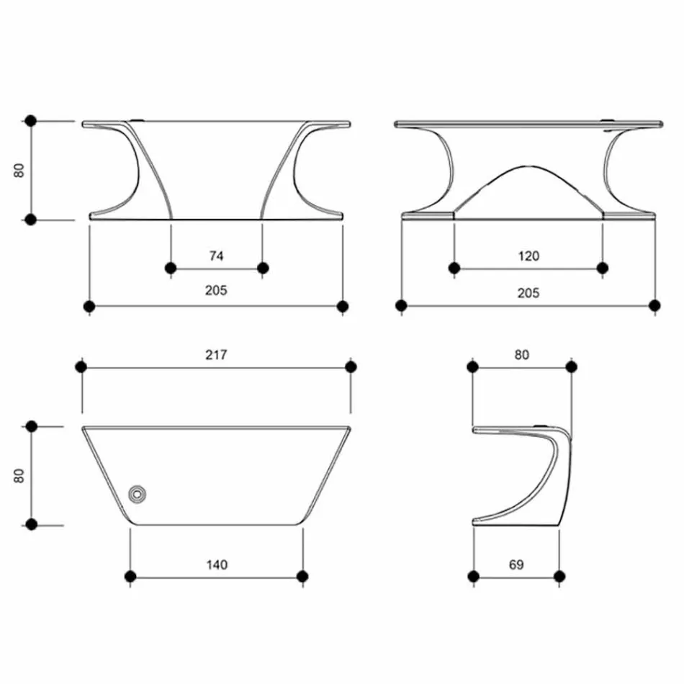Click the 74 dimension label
[216, 256]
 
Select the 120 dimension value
[528, 256]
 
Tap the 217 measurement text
[216, 354]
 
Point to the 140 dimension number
[216, 564]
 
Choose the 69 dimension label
[516, 564]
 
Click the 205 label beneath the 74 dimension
[216, 291]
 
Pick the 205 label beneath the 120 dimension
[528, 293]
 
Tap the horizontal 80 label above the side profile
[522, 354]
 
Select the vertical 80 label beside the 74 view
[19, 170]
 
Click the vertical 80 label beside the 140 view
[19, 475]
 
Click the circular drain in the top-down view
[136, 494]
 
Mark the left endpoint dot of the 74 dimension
[171, 269]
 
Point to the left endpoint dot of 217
[81, 367]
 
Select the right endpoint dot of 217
[351, 367]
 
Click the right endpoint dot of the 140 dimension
[302, 576]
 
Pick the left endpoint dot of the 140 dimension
[130, 576]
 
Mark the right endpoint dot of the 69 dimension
[559, 576]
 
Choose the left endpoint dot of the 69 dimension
[473, 576]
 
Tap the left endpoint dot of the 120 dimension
[454, 269]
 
